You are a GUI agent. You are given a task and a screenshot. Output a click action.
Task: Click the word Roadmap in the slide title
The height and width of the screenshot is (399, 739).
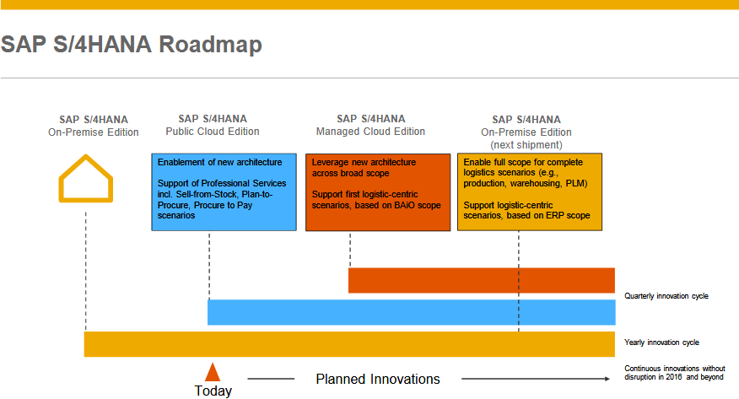tap(210, 45)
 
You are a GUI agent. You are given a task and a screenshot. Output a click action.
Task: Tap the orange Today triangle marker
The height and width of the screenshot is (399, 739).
tap(213, 372)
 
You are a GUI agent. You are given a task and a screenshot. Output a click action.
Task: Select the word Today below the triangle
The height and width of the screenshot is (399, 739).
tap(213, 391)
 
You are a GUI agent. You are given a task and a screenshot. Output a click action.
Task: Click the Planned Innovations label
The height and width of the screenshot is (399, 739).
tap(378, 379)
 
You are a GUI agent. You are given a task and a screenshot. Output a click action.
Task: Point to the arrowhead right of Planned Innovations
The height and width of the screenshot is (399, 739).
tap(607, 379)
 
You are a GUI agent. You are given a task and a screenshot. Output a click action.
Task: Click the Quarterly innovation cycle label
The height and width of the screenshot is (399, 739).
tap(666, 296)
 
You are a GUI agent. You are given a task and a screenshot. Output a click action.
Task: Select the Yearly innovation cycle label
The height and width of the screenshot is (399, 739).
tap(661, 342)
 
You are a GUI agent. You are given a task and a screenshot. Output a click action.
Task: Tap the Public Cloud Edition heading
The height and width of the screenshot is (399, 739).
tap(213, 132)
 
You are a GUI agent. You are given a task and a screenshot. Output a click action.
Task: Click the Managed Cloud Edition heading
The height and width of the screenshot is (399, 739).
tap(370, 132)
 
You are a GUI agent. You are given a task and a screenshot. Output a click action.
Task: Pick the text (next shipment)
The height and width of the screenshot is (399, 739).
tap(526, 145)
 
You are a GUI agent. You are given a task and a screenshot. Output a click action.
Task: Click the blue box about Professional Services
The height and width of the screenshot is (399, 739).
tap(224, 191)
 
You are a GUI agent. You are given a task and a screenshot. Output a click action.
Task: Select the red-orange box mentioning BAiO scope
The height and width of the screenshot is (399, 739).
tap(378, 192)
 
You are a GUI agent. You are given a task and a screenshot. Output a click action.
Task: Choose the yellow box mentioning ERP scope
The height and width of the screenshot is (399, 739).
tap(530, 191)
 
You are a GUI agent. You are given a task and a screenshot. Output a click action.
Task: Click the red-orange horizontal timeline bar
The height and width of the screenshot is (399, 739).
tap(482, 280)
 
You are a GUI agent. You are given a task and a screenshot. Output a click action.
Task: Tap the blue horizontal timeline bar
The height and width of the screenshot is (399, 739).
tap(412, 312)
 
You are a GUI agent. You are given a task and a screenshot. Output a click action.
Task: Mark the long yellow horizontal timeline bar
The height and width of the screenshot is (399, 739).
tap(349, 344)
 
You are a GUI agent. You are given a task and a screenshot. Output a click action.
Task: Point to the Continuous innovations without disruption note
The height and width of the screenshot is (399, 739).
tap(674, 373)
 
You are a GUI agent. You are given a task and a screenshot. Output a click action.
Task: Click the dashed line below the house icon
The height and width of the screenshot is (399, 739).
tap(86, 272)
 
